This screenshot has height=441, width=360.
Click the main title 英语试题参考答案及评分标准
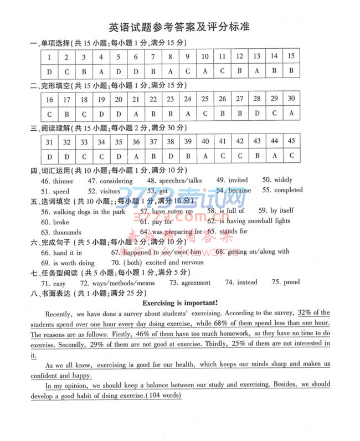coord(179,27)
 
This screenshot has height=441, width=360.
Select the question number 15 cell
coord(291,56)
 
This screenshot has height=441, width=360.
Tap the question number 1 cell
coord(50,57)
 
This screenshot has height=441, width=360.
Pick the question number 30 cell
coord(291,99)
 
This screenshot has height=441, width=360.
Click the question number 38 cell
coord(171,141)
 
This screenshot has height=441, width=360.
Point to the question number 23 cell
coord(171,99)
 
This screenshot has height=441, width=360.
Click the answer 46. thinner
coord(57,181)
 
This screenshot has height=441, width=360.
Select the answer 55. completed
coord(282,190)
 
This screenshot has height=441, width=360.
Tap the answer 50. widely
coord(277,180)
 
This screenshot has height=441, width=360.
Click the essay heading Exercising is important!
coord(180,302)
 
